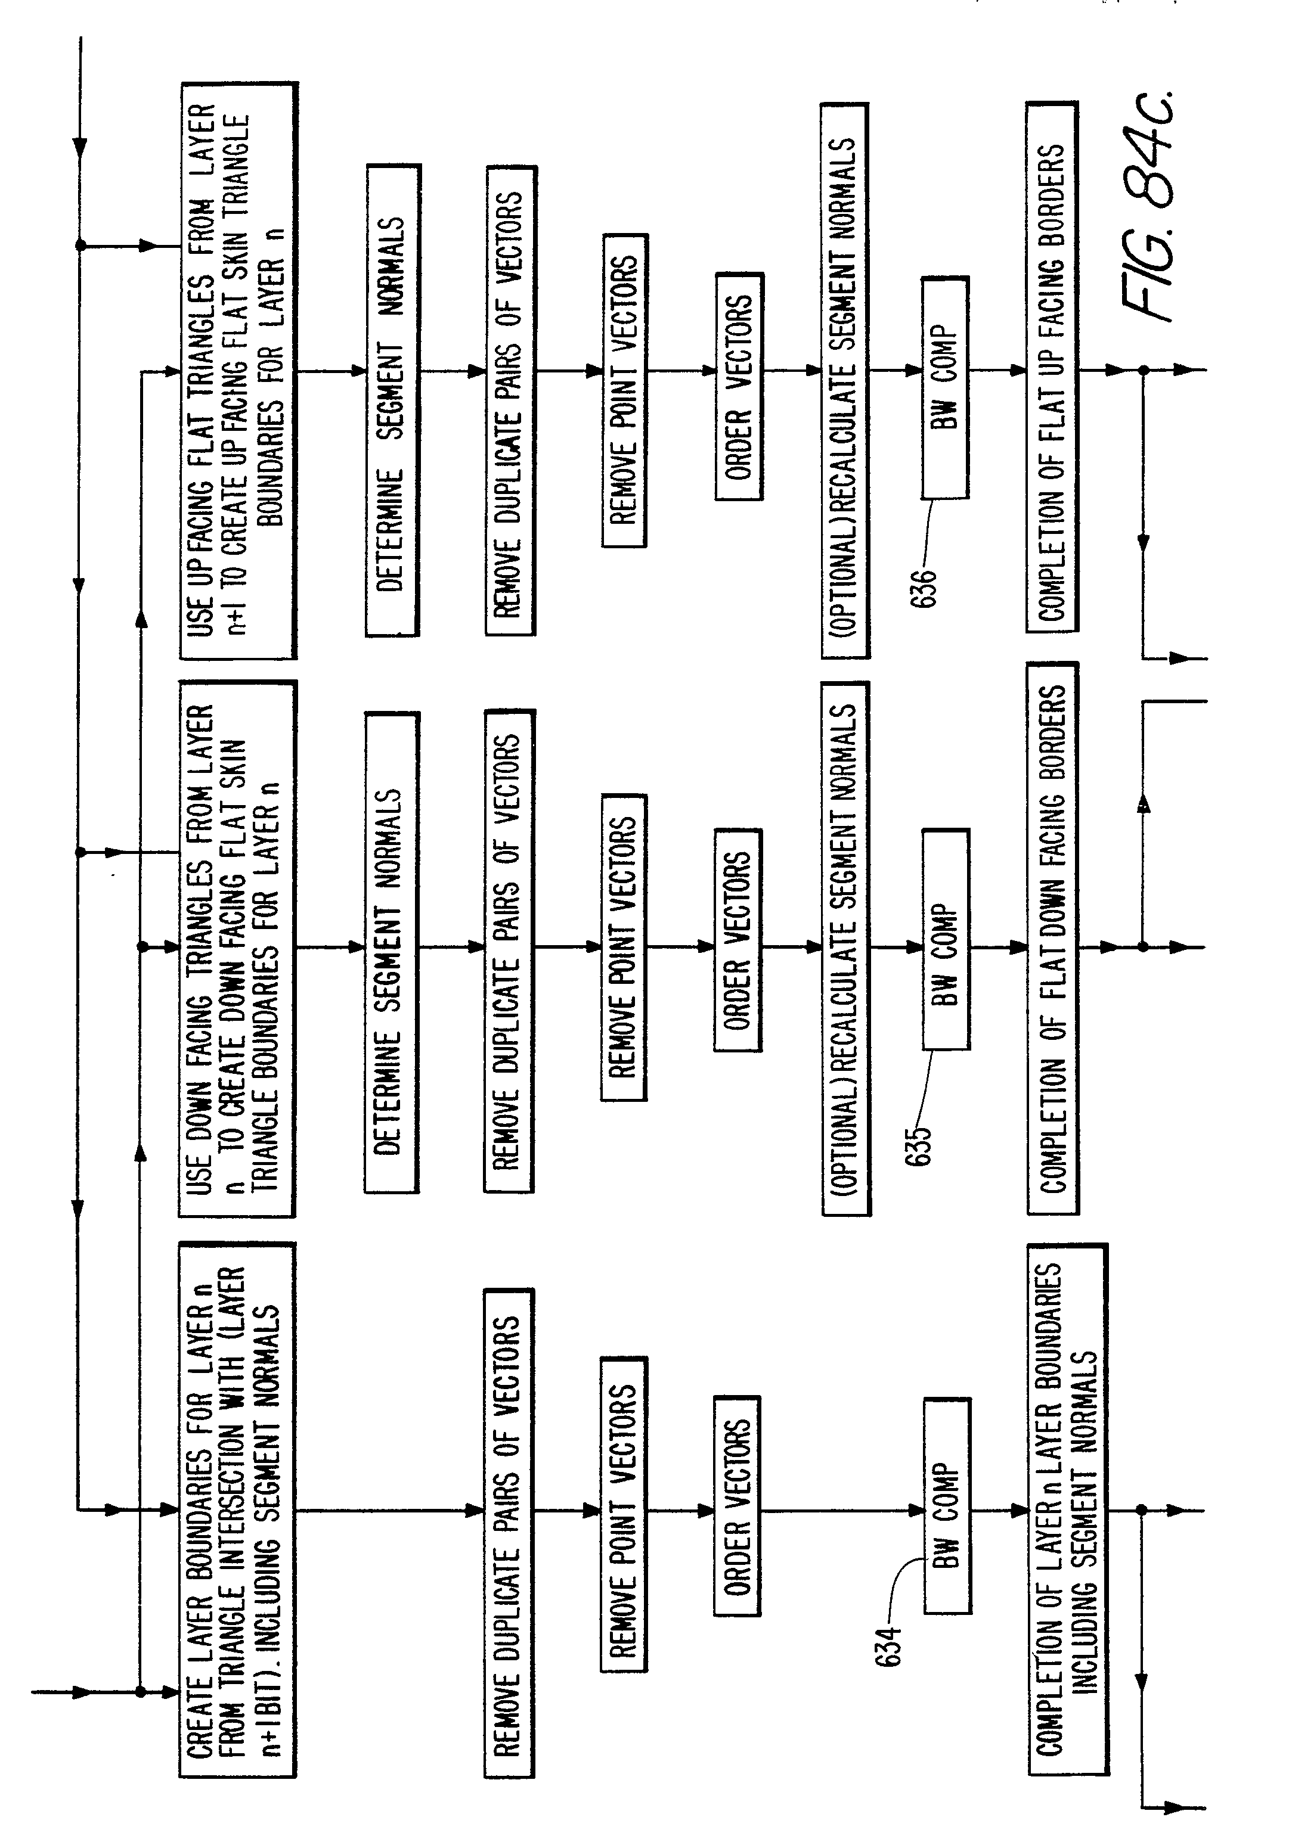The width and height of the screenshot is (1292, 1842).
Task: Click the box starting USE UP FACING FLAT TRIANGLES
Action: (x=238, y=371)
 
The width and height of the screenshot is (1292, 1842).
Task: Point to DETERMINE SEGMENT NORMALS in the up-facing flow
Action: (x=392, y=401)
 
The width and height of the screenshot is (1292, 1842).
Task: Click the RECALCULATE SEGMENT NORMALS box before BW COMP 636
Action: (x=844, y=381)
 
